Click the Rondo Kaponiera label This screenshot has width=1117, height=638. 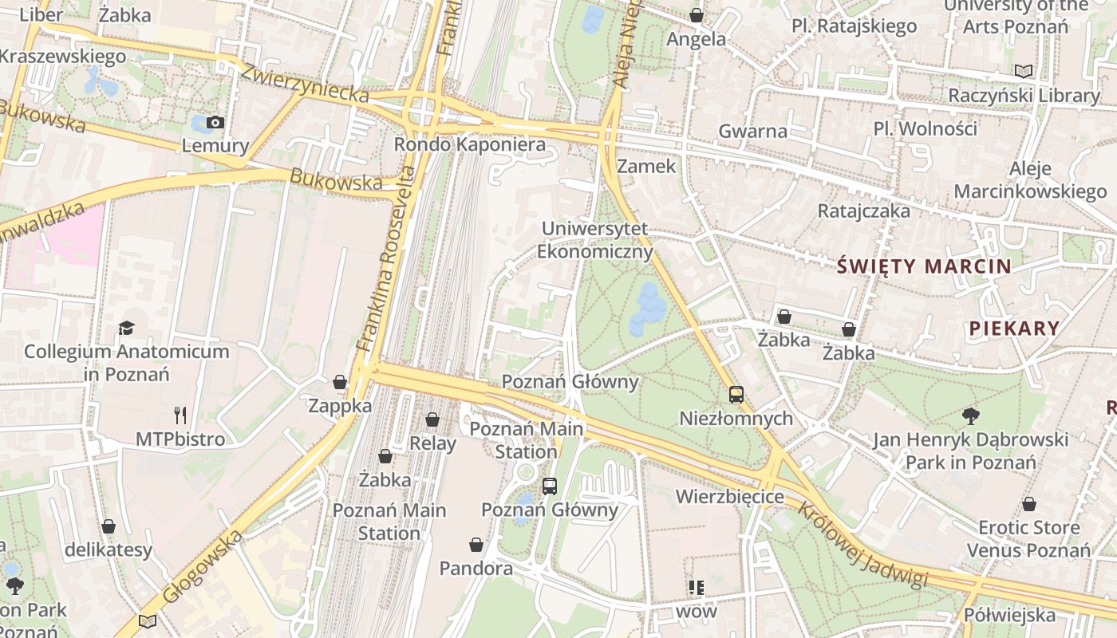470,144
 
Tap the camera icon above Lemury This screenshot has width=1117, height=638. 215,122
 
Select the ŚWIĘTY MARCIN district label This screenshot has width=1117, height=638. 925,266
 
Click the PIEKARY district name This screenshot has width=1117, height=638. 1014,328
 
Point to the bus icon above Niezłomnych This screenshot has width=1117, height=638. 736,394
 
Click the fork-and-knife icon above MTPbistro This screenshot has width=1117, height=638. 180,415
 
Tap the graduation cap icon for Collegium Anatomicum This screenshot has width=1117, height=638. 126,328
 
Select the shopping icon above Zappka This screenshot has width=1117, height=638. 340,382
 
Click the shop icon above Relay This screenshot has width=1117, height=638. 432,419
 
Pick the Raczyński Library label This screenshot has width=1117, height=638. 1024,95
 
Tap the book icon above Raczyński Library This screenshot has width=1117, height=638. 1024,71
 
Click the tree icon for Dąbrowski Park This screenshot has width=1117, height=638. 970,415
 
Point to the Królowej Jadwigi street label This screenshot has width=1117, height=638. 863,546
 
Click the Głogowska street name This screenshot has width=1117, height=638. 202,567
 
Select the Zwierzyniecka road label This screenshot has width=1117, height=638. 305,83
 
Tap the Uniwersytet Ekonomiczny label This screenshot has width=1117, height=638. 594,240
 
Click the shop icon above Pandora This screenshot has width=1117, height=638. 476,545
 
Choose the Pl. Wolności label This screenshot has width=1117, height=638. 925,128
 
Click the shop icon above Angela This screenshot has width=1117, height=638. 697,15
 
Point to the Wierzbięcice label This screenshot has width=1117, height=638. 730,497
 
